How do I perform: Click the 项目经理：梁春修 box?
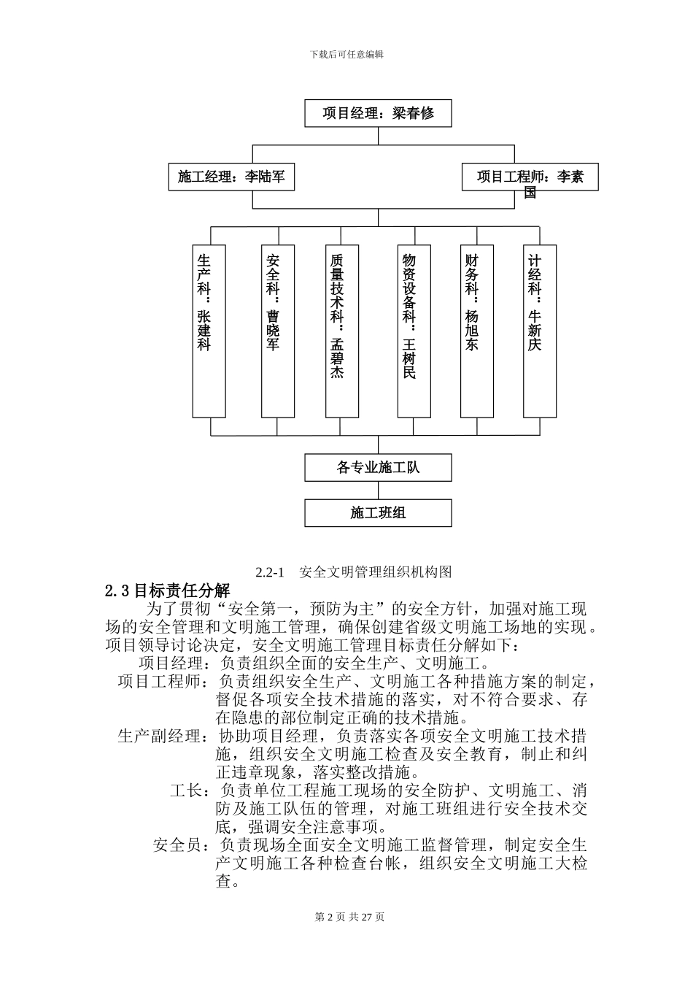click(x=378, y=113)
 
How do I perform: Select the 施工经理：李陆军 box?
click(x=231, y=177)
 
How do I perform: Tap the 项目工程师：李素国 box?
click(x=530, y=177)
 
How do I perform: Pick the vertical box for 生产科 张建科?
click(x=209, y=331)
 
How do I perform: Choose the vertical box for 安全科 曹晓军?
click(x=277, y=331)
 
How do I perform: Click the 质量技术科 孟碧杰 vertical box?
click(x=341, y=331)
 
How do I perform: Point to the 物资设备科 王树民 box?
click(x=414, y=331)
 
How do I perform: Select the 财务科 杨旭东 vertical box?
click(x=476, y=331)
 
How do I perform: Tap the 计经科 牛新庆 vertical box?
click(x=540, y=331)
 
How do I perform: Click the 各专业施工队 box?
click(x=378, y=467)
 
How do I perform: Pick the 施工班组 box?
click(x=378, y=513)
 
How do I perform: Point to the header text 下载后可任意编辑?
click(x=346, y=54)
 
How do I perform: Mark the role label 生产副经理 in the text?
click(x=159, y=736)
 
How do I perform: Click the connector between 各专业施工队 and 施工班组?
click(x=378, y=490)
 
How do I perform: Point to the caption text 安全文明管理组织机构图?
click(x=376, y=572)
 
